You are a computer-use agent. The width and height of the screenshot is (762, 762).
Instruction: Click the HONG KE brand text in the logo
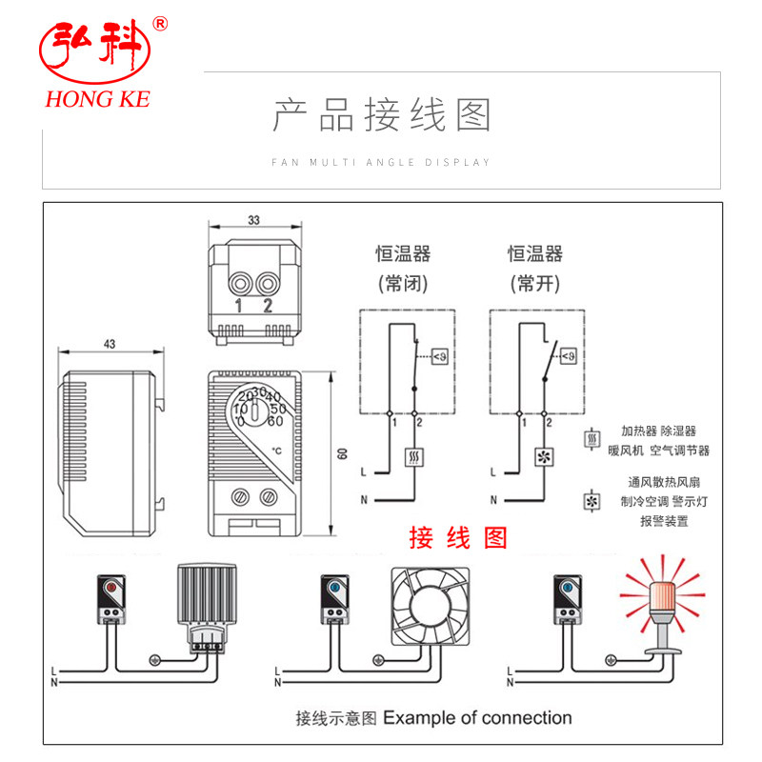pyautogui.click(x=96, y=99)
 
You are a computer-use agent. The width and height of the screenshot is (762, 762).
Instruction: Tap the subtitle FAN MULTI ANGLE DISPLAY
pyautogui.click(x=381, y=162)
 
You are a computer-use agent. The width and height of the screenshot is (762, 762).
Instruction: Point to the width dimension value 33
pyautogui.click(x=252, y=220)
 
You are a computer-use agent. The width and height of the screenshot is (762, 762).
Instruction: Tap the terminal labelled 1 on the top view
pyautogui.click(x=239, y=285)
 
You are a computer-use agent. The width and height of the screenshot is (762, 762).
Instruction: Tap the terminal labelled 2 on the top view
pyautogui.click(x=268, y=285)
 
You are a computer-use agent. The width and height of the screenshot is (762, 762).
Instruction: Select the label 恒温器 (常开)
pyautogui.click(x=534, y=268)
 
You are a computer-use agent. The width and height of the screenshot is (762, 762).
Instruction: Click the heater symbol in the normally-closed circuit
pyautogui.click(x=414, y=455)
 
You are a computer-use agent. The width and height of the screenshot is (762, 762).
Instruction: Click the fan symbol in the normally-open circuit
pyautogui.click(x=545, y=455)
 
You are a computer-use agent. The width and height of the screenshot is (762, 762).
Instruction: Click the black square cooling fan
pyautogui.click(x=431, y=606)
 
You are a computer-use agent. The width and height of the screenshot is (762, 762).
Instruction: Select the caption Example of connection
pyautogui.click(x=477, y=717)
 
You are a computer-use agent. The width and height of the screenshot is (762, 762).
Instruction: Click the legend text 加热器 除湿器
pyautogui.click(x=658, y=431)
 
